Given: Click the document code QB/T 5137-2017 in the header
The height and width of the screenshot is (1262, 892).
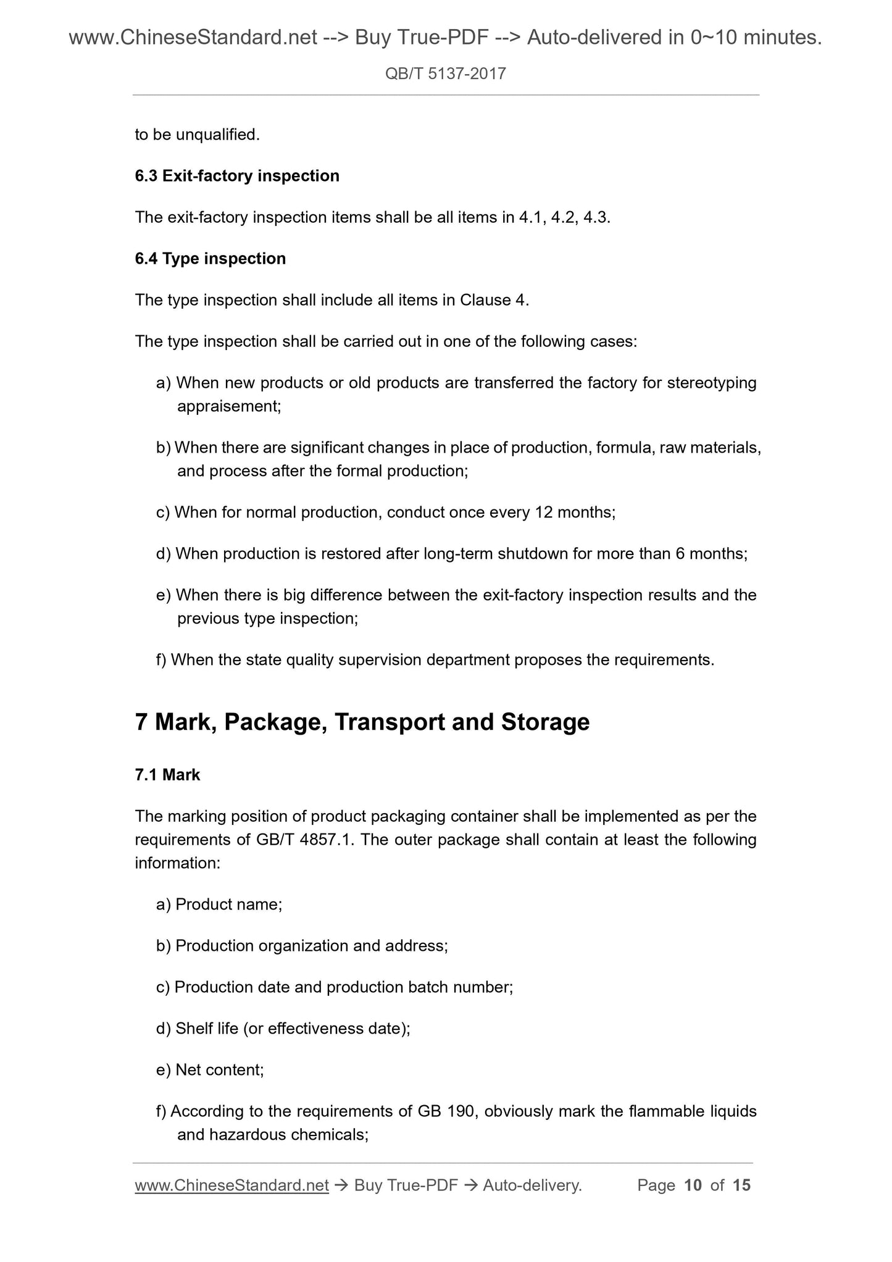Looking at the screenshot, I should tap(445, 74).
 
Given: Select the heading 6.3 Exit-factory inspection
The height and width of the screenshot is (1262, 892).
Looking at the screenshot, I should tap(237, 176).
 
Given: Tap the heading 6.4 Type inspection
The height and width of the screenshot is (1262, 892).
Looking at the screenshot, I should tap(210, 259).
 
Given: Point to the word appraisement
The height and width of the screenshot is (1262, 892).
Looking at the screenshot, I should tap(228, 406).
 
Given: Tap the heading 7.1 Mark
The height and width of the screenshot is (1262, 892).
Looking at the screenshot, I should tap(167, 775).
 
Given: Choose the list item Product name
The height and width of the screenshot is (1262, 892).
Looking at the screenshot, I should tap(228, 905).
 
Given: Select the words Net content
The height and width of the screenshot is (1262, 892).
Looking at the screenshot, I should tap(219, 1070).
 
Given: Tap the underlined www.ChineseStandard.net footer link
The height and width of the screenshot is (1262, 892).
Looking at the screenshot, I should tap(231, 1185).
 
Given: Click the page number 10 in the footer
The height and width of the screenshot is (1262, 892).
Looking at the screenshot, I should tap(693, 1185).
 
